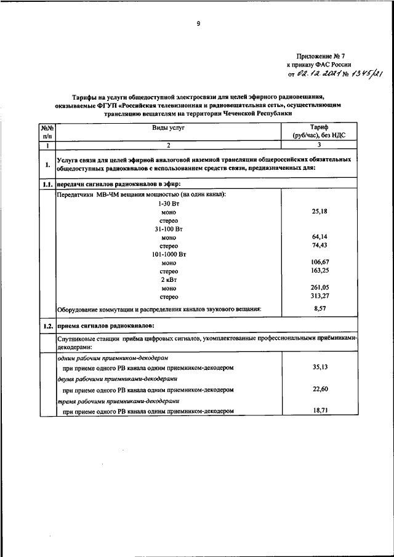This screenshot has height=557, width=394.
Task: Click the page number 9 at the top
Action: click(x=198, y=24)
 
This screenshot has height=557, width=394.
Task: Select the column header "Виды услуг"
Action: click(x=169, y=127)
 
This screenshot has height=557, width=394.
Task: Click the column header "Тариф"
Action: click(x=319, y=126)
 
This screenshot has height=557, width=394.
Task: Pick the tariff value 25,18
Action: click(x=319, y=211)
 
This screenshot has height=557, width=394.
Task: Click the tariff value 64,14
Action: click(x=319, y=236)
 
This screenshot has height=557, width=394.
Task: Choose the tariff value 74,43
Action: click(x=319, y=245)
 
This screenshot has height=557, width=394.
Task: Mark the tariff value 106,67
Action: click(x=319, y=262)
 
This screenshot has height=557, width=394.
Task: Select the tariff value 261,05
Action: click(x=319, y=287)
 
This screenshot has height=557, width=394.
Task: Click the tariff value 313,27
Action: click(x=319, y=295)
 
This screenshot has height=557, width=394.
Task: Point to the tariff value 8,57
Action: click(x=319, y=308)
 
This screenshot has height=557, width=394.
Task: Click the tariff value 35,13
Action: click(x=319, y=367)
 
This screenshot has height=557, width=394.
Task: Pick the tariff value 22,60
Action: click(x=319, y=389)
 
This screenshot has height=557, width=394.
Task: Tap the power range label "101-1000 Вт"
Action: click(x=169, y=254)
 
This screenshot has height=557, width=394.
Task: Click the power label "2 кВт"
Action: click(x=169, y=279)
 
